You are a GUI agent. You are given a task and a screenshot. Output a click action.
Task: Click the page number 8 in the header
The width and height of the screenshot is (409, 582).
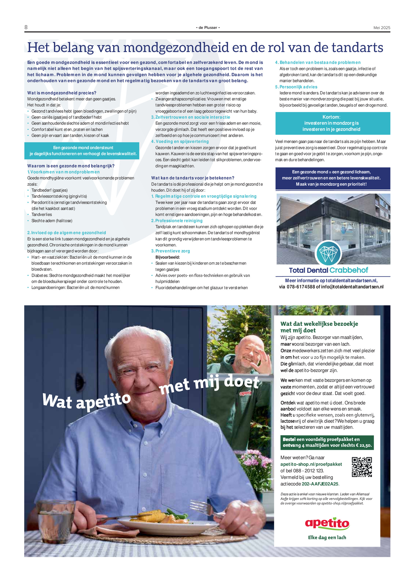coord(26,27)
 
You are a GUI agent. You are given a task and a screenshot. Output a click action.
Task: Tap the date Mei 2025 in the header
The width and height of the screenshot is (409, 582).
coord(382,28)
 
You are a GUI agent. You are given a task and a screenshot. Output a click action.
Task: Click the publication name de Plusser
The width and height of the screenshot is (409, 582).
coord(208,28)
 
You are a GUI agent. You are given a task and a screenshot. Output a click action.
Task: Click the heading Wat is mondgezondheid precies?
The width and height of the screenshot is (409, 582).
coord(62,93)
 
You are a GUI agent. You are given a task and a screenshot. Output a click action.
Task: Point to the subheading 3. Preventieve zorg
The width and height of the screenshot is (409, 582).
coord(171,251)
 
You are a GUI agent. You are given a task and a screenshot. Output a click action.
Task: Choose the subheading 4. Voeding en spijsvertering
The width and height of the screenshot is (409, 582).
coord(180,142)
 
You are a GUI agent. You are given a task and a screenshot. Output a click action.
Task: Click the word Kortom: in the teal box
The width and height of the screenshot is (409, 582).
coord(331,117)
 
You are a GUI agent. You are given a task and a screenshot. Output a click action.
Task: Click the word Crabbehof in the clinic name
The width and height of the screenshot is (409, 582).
coord(349,270)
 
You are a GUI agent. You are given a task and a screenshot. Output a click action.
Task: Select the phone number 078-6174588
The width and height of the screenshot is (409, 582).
coord(301,287)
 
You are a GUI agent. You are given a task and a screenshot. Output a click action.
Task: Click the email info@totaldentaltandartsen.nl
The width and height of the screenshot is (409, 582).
coord(352,287)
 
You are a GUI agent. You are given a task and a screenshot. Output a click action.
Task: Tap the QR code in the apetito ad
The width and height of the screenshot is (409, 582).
coord(361,467)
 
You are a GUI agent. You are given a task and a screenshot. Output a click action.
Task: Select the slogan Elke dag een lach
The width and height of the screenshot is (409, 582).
coord(327,537)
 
